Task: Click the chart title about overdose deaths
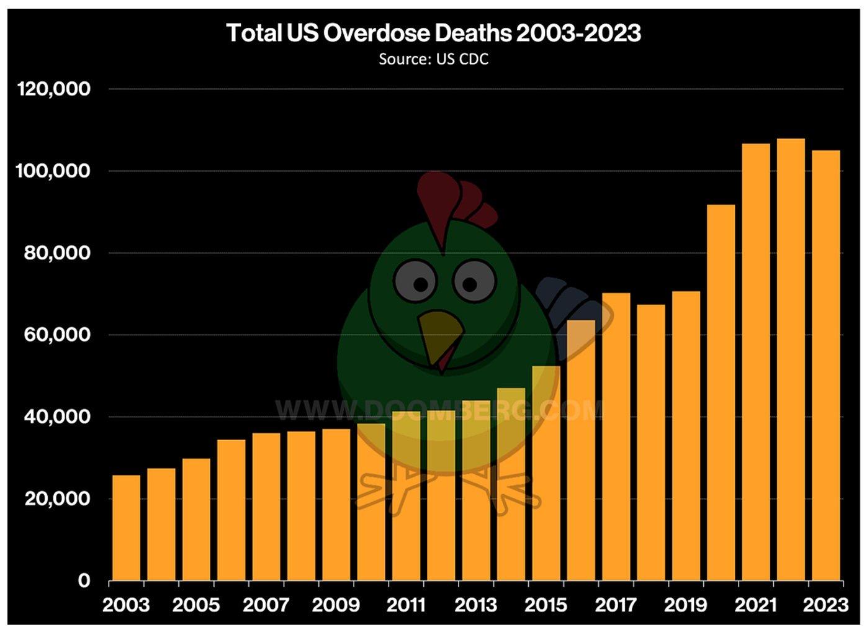(433, 33)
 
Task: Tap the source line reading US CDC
(433, 59)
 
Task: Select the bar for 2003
(126, 528)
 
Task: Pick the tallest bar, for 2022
(790, 360)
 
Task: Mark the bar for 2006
(231, 510)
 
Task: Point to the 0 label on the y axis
(84, 581)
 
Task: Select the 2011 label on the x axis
(406, 605)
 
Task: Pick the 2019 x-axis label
(686, 605)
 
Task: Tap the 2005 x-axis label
(196, 605)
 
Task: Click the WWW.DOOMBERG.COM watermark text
(438, 409)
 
